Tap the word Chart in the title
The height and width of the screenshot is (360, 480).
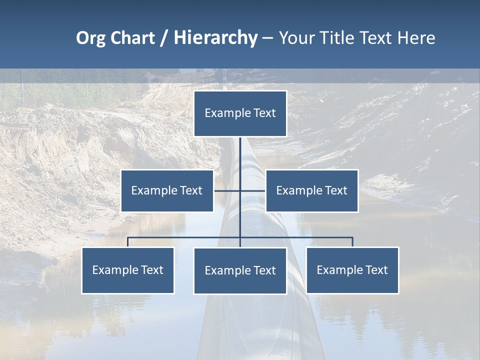pyautogui.click(x=132, y=38)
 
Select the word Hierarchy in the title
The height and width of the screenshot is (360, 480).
pyautogui.click(x=215, y=38)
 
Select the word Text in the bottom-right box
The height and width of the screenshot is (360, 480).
pyautogui.click(x=376, y=270)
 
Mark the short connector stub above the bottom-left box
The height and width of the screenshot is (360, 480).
pyautogui.click(x=128, y=242)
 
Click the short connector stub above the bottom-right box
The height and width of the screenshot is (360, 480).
pyautogui.click(x=352, y=242)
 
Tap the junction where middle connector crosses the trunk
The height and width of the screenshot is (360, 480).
pyautogui.click(x=240, y=190)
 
